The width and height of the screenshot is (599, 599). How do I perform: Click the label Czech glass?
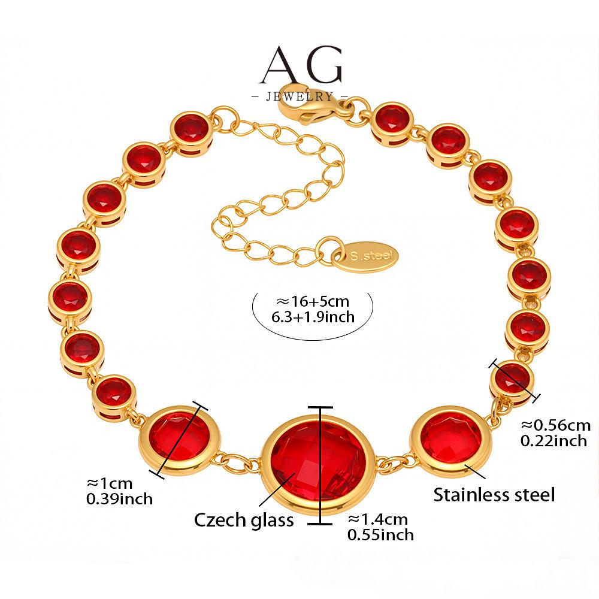[x=244, y=519]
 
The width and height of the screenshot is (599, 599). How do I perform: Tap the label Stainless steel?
[x=494, y=495]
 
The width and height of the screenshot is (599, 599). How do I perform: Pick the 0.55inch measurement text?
[x=380, y=534]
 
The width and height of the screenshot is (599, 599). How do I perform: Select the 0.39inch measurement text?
[x=120, y=498]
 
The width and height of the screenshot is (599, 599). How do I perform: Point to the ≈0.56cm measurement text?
[x=555, y=425]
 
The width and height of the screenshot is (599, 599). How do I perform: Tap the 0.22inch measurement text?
[x=553, y=441]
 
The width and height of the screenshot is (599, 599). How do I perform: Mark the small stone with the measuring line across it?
[x=512, y=379]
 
